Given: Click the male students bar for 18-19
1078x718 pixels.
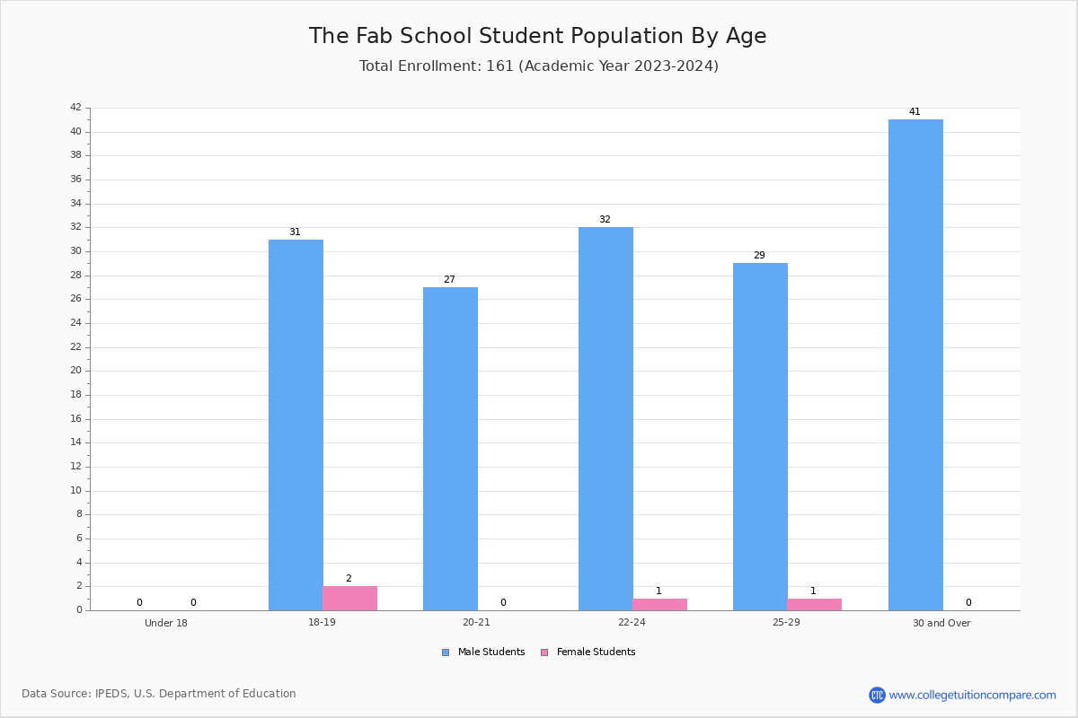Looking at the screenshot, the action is (x=296, y=425).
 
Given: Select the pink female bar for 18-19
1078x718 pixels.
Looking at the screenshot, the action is (x=349, y=599).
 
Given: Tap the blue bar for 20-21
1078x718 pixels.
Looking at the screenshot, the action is (x=450, y=449).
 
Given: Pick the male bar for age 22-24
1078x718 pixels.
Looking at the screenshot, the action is (x=605, y=419).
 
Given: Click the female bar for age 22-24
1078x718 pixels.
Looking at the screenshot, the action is (x=659, y=605).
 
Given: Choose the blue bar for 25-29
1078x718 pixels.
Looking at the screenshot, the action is (x=760, y=437).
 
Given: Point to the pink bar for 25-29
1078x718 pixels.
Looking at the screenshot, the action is (x=814, y=605).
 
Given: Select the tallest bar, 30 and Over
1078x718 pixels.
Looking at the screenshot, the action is (x=915, y=365).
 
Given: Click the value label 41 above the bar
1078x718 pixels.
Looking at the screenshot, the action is (x=915, y=111).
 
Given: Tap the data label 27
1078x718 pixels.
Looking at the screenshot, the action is (x=449, y=279).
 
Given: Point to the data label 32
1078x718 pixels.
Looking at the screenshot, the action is (x=605, y=219).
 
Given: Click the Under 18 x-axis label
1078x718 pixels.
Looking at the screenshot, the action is (x=166, y=623).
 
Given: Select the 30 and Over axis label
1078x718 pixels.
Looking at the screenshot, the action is (x=941, y=623).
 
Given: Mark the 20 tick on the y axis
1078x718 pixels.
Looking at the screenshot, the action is (x=76, y=371).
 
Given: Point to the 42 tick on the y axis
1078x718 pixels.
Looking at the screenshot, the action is (x=76, y=107).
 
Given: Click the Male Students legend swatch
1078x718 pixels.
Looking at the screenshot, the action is (x=446, y=652).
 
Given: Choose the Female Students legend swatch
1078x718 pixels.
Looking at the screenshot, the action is (x=544, y=652).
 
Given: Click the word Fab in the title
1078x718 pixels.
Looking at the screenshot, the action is (x=375, y=36).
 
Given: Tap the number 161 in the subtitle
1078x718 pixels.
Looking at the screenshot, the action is (x=499, y=66).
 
